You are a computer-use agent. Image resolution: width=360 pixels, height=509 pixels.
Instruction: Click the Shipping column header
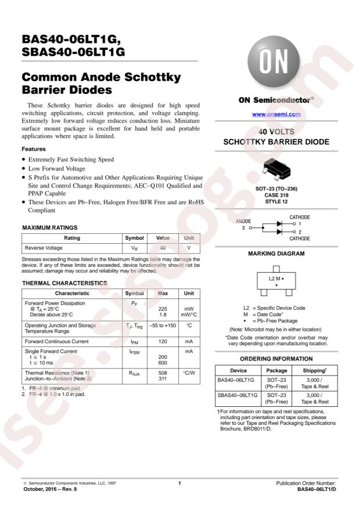point(314,370)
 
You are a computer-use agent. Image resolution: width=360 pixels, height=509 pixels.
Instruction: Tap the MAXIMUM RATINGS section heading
point(49,228)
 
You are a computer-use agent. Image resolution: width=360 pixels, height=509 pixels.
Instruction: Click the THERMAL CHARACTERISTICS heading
point(64,283)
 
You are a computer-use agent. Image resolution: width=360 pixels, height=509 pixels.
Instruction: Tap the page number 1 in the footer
point(180,483)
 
